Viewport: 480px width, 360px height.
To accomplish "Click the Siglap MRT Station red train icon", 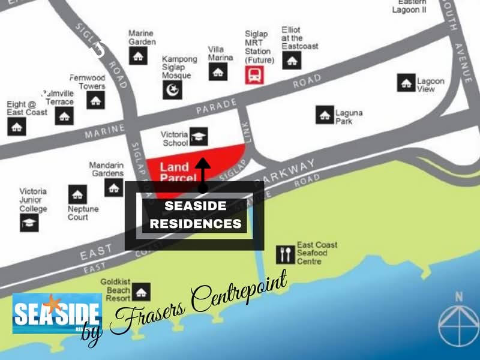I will [x=254, y=75].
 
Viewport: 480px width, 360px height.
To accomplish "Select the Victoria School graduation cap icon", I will [x=199, y=137].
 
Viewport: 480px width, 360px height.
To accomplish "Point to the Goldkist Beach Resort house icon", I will [x=141, y=292].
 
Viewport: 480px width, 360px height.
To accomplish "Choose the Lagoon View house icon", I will [x=407, y=83].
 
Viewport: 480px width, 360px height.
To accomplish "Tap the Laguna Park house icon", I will [x=325, y=115].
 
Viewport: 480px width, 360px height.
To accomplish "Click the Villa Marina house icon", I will [x=217, y=71].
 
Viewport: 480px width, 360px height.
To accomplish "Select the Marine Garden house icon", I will [x=139, y=56].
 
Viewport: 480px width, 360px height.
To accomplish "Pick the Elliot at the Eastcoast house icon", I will [x=292, y=59].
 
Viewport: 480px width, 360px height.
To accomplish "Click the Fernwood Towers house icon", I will [x=95, y=100].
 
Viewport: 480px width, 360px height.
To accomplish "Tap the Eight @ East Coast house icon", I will [x=17, y=126].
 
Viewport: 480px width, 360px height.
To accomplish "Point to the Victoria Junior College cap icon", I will [x=29, y=223].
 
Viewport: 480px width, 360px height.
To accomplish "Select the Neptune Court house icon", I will [x=77, y=194].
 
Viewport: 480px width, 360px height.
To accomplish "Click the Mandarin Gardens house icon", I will [x=114, y=187].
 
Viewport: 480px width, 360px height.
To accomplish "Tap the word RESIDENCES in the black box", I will [x=195, y=224].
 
